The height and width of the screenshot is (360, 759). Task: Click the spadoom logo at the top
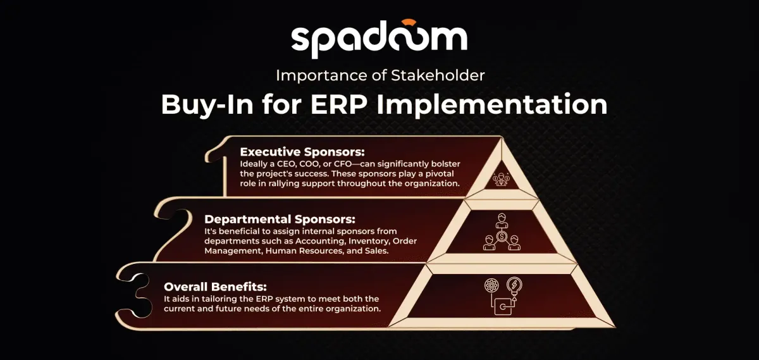379,39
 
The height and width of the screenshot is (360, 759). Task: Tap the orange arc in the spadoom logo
406,22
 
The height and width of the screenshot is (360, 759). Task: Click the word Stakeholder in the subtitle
438,75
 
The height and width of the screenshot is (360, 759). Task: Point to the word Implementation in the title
492,105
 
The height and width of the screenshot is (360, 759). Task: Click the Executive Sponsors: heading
302,152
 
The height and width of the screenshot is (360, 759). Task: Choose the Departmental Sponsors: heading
280,220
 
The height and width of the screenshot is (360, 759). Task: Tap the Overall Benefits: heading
215,287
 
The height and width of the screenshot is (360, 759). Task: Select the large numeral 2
172,230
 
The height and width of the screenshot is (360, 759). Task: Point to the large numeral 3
133,295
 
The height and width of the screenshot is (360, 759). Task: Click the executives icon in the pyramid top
502,179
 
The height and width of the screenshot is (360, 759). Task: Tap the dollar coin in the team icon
502,236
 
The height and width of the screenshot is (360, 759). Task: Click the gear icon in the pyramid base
491,285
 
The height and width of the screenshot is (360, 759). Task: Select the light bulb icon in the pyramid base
514,287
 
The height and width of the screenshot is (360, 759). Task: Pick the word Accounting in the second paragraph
320,241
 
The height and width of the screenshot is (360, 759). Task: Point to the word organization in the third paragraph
352,309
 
